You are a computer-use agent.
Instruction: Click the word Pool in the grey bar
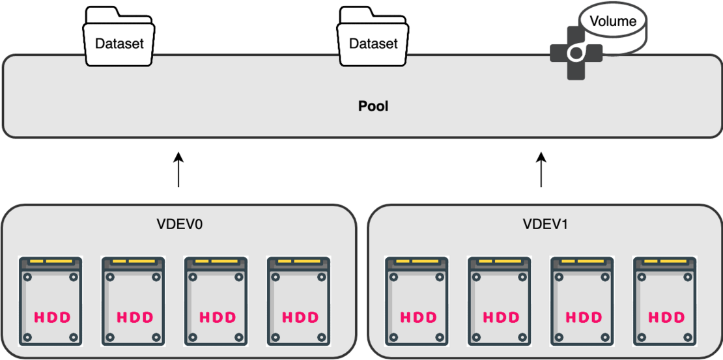point(373,105)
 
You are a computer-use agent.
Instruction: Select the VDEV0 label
point(178,225)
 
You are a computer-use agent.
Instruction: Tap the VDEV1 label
point(541,225)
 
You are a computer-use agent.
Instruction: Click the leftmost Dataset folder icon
point(119,39)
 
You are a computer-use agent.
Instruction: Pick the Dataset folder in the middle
point(373,39)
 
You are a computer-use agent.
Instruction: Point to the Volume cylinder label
point(613,21)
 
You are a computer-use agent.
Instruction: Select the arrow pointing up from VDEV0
point(178,170)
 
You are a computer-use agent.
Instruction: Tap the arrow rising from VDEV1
point(541,170)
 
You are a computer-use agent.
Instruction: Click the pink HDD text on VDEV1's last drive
point(665,318)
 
